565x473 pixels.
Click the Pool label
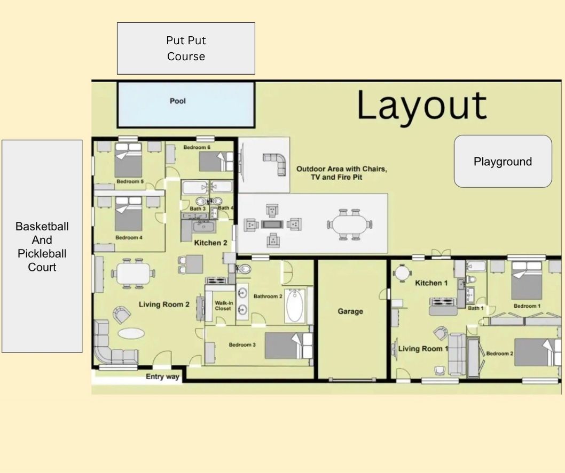point(178,101)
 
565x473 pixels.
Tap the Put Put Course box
point(186,48)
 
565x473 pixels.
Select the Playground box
point(503,162)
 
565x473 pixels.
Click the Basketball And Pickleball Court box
point(42,246)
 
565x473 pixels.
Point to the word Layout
point(422,106)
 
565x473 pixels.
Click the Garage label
point(350,311)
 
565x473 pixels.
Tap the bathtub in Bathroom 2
point(295,306)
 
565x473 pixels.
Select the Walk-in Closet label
point(223,306)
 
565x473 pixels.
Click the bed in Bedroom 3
point(287,346)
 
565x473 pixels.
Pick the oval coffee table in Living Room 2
point(131,333)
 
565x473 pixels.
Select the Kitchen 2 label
point(210,243)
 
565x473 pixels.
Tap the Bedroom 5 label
point(130,182)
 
